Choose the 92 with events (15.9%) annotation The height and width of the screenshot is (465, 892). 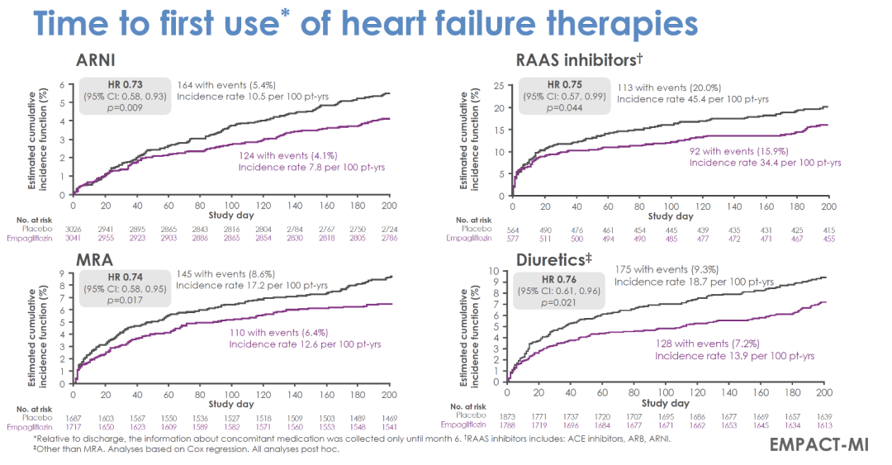pyautogui.click(x=742, y=151)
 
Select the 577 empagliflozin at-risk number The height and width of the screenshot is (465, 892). pyautogui.click(x=513, y=238)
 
